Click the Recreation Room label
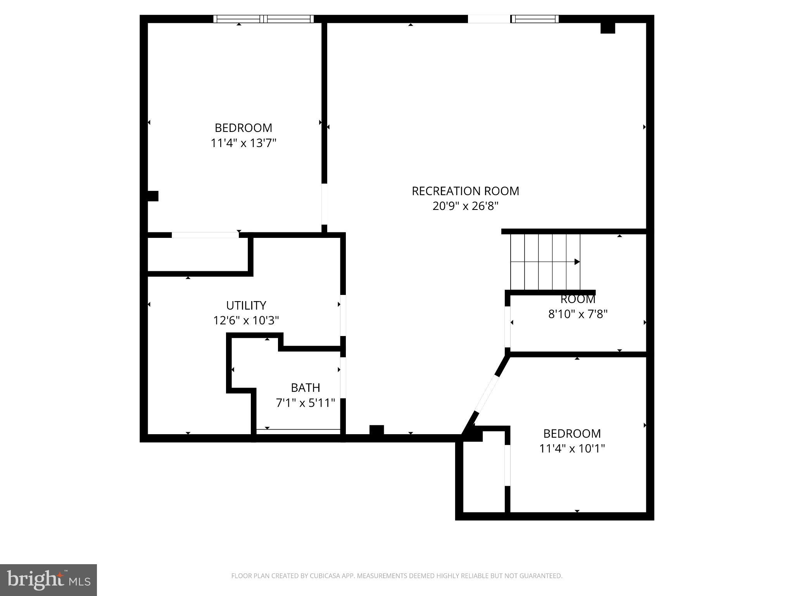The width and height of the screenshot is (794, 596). (x=465, y=191)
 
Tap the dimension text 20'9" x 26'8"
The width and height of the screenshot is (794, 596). (x=465, y=206)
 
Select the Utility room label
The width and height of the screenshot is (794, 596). (x=246, y=305)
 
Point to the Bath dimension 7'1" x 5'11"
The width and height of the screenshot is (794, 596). (x=305, y=403)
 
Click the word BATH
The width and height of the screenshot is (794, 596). (x=305, y=388)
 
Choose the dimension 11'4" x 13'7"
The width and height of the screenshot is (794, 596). (x=243, y=143)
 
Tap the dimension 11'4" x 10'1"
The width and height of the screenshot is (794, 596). (x=572, y=449)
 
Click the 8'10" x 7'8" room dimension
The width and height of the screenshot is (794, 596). (x=577, y=314)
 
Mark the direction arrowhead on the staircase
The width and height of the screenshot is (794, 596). (x=577, y=262)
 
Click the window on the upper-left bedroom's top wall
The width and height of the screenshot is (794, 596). (x=264, y=19)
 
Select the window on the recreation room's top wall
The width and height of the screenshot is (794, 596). (x=535, y=19)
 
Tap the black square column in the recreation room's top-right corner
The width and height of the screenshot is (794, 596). (x=608, y=28)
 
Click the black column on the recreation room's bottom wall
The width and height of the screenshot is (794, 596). (x=376, y=430)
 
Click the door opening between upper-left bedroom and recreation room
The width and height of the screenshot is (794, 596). (x=325, y=204)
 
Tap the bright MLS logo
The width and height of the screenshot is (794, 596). (x=48, y=580)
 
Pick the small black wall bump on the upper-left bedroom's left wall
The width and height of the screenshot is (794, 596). (x=153, y=196)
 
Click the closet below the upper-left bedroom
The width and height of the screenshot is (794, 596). (x=198, y=254)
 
